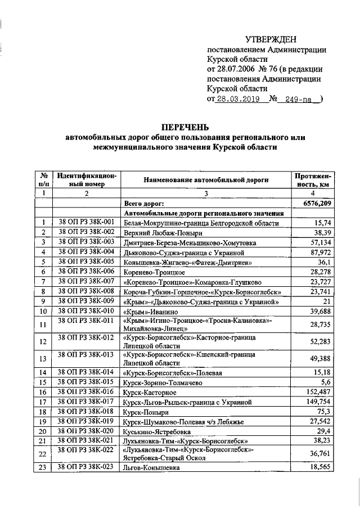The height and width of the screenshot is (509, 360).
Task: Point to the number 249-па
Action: pos(299,99)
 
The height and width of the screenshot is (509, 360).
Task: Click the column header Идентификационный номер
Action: pos(87,179)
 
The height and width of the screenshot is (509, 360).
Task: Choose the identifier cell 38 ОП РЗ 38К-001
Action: pos(87,222)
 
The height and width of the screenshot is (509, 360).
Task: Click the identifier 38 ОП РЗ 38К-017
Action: pos(87,402)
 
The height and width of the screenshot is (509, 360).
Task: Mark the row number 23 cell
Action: pos(43,467)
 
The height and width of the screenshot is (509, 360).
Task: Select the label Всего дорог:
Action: pos(143,203)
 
